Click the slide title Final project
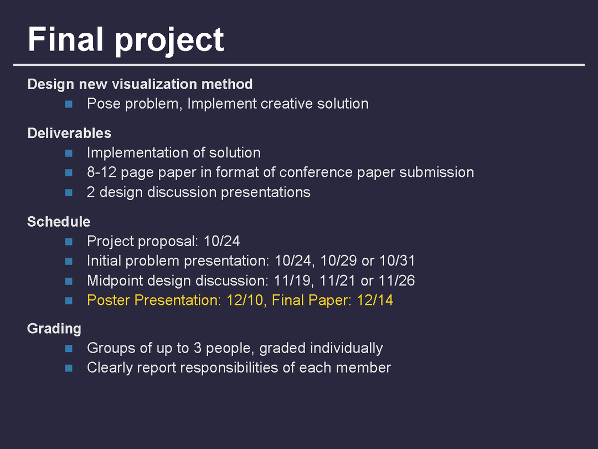(x=126, y=40)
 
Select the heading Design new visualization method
(x=140, y=84)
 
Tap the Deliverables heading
(x=69, y=133)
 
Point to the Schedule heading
(x=59, y=221)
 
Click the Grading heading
(x=54, y=329)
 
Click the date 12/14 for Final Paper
(x=375, y=300)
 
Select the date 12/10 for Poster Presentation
(x=245, y=300)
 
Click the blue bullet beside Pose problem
(x=69, y=104)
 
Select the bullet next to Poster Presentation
(x=69, y=300)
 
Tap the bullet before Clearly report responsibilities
(x=69, y=368)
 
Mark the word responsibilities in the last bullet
(x=229, y=368)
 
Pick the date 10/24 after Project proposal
(x=221, y=241)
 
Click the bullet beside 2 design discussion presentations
(x=69, y=192)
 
